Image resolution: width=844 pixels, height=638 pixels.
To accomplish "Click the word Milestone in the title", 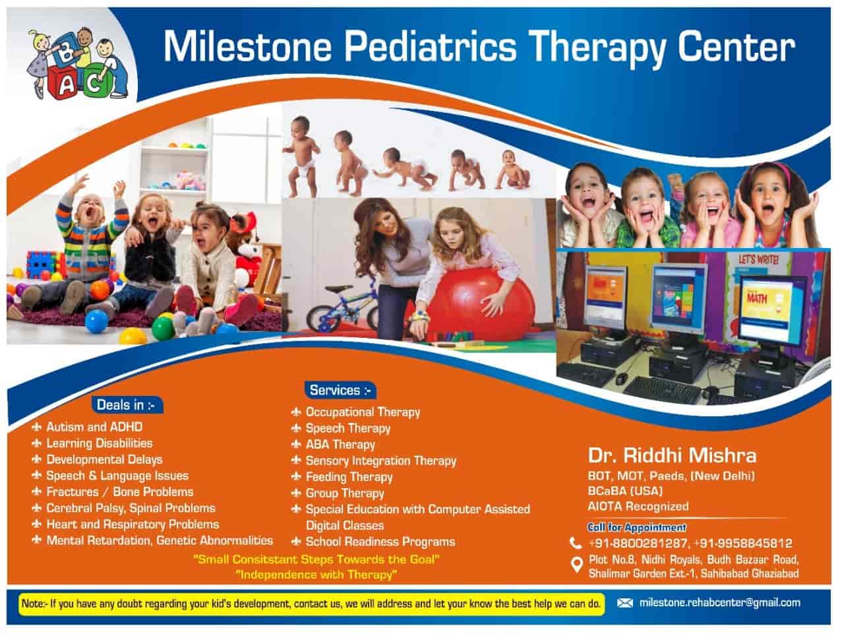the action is [x=248, y=47].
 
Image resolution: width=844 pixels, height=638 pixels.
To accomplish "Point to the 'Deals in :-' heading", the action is [x=126, y=405].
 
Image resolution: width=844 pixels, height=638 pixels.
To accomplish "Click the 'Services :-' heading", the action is [x=340, y=390].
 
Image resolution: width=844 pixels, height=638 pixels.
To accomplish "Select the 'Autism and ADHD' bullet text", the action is [x=94, y=427].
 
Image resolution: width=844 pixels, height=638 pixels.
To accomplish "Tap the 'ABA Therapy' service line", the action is [x=340, y=445].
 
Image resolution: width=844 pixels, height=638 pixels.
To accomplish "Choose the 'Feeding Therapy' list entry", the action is [x=349, y=477].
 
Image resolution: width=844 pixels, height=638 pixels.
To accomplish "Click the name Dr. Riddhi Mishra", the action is [x=672, y=456].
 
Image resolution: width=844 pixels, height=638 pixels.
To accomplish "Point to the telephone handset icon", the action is [x=576, y=543].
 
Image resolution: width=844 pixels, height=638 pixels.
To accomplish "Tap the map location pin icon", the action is [x=576, y=565].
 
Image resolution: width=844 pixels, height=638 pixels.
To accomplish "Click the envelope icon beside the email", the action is [x=625, y=602].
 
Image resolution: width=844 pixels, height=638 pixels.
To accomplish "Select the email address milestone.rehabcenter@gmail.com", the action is [x=720, y=602].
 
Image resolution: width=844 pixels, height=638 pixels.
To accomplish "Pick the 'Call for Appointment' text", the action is [x=637, y=527].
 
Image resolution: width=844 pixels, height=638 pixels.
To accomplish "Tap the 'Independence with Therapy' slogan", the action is [x=316, y=575].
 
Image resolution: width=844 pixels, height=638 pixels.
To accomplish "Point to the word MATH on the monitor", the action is [x=757, y=298].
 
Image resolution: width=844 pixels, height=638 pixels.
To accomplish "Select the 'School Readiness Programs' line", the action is [x=380, y=542].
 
